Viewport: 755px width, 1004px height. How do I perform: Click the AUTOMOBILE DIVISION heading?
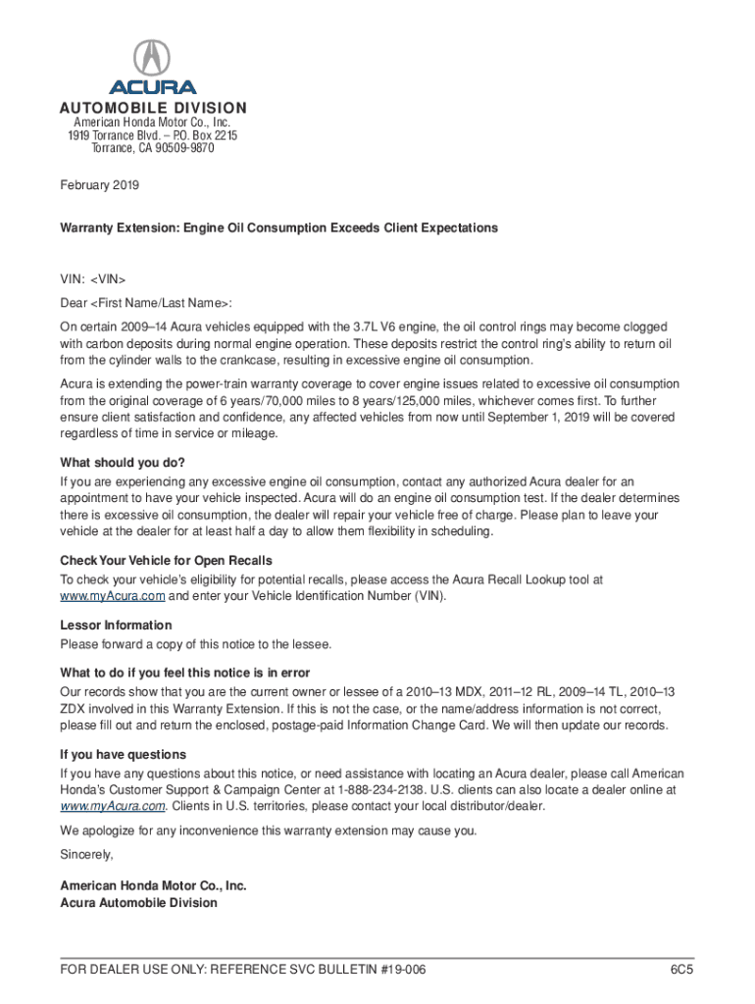point(153,108)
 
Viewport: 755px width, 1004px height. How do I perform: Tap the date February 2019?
point(100,184)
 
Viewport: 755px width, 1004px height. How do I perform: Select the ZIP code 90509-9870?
point(181,148)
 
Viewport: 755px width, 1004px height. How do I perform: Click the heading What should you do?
point(123,463)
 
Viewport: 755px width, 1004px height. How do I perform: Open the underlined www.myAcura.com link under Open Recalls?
point(113,596)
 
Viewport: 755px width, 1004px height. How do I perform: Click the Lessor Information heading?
point(116,626)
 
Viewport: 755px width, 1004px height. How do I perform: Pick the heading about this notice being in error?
point(185,673)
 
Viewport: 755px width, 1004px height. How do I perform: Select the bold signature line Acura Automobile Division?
point(139,902)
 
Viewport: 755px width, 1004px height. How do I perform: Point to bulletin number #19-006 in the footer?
point(389,970)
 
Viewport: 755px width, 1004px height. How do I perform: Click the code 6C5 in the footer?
point(681,970)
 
